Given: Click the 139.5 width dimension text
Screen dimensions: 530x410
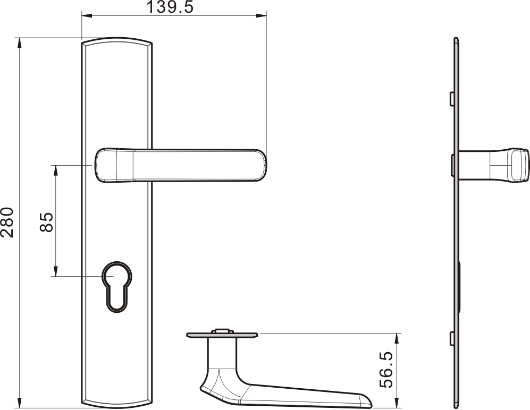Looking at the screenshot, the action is [170, 7].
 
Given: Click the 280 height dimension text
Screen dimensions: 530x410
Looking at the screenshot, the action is [7, 222].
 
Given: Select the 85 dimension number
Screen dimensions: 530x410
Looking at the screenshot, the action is [46, 222].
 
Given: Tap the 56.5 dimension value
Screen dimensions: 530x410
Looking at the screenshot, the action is [386, 369].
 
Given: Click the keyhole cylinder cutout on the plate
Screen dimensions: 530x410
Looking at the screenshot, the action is [117, 286].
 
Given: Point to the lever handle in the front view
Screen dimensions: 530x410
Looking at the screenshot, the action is [181, 165].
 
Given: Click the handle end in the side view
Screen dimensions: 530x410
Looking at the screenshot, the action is [519, 165].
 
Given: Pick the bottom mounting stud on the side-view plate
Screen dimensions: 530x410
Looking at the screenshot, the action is [451, 338].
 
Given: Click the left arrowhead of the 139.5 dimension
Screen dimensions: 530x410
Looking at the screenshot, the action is [87, 15].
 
